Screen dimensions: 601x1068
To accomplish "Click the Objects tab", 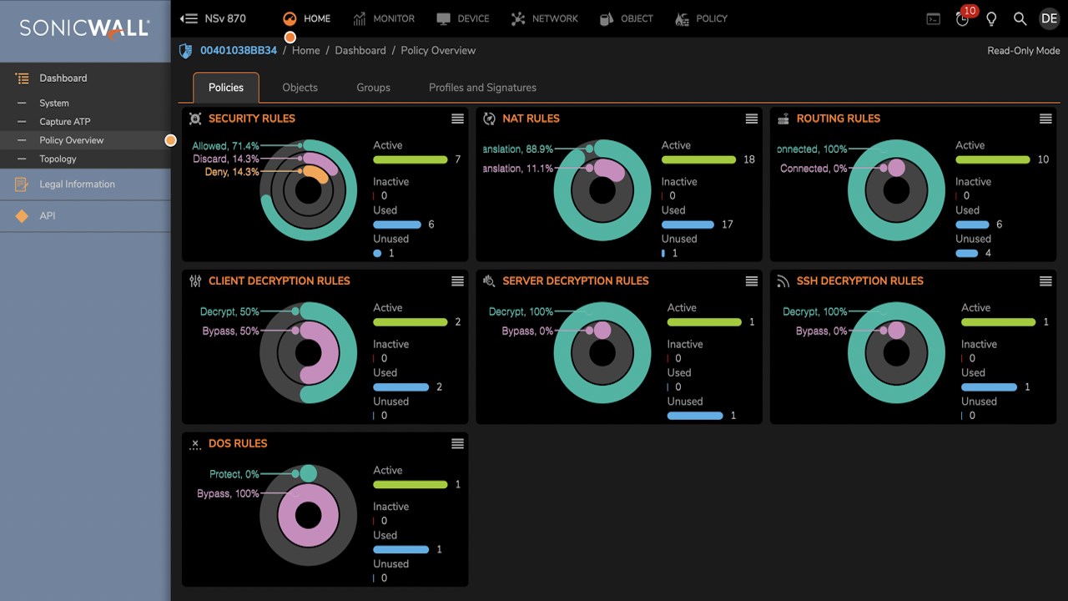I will [x=300, y=88].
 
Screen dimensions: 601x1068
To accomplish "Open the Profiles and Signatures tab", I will [x=482, y=88].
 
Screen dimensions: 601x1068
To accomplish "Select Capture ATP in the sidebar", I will [x=65, y=122].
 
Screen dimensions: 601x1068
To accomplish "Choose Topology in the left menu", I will [x=58, y=159].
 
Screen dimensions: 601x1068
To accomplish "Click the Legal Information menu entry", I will [x=77, y=184].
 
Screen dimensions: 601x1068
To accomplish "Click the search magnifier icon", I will [x=1020, y=18].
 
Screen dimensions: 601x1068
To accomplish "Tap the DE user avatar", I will [x=1049, y=18].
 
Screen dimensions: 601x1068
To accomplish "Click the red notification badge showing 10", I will [x=969, y=11].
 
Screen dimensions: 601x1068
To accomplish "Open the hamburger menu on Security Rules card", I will [x=457, y=119].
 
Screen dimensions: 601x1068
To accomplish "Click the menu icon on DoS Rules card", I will [x=457, y=443].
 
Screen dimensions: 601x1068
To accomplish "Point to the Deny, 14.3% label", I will [x=232, y=172].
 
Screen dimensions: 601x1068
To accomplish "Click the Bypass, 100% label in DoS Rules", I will [x=228, y=493].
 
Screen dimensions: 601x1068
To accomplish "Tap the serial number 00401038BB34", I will [x=239, y=51].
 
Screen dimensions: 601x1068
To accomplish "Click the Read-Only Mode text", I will [x=1023, y=51].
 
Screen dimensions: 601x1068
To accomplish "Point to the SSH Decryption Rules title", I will [x=859, y=281].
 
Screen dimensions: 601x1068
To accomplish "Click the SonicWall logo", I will [x=84, y=28].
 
